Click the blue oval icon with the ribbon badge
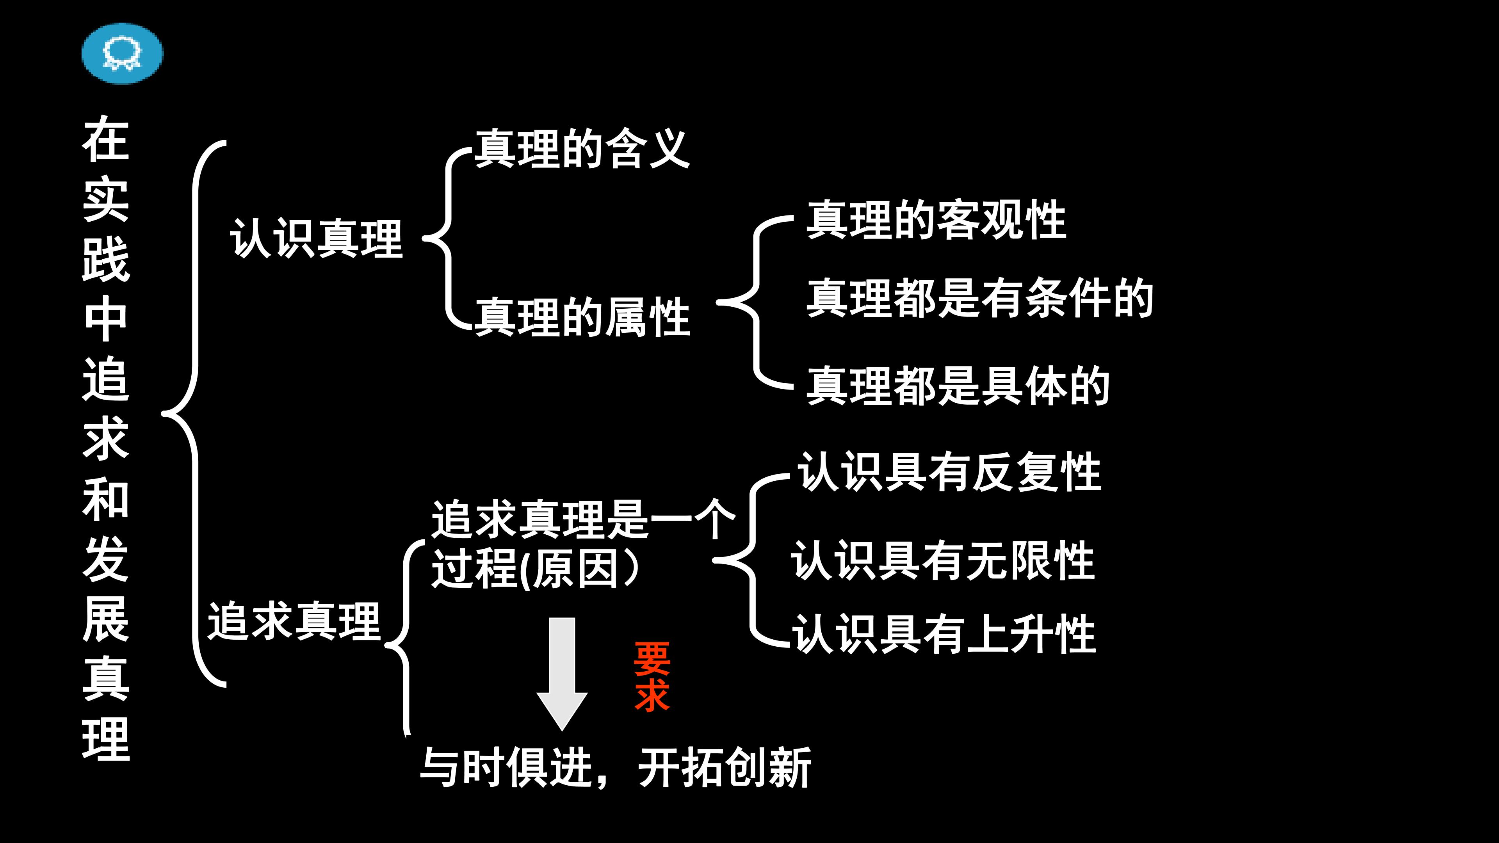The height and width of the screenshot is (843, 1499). pyautogui.click(x=122, y=53)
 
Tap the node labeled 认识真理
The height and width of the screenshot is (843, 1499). pyautogui.click(x=317, y=238)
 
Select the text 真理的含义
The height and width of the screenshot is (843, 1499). pyautogui.click(x=582, y=149)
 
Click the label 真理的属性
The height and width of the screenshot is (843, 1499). pyautogui.click(x=582, y=317)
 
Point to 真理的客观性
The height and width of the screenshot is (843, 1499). pyautogui.click(x=936, y=220)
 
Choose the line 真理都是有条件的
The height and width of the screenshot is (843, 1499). pyautogui.click(x=980, y=298)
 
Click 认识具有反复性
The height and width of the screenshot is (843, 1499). pyautogui.click(x=950, y=472)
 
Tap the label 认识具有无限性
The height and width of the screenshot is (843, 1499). pyautogui.click(x=943, y=560)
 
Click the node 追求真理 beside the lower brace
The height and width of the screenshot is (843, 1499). pyautogui.click(x=294, y=621)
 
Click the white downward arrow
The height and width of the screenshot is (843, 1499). pyautogui.click(x=562, y=674)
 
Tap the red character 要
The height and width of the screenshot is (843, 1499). pyautogui.click(x=652, y=659)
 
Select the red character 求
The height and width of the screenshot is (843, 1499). pyautogui.click(x=652, y=695)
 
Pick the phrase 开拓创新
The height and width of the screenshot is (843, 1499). pyautogui.click(x=725, y=767)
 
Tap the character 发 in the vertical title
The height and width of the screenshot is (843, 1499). pyautogui.click(x=106, y=558)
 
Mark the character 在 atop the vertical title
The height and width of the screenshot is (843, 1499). pyautogui.click(x=106, y=138)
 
